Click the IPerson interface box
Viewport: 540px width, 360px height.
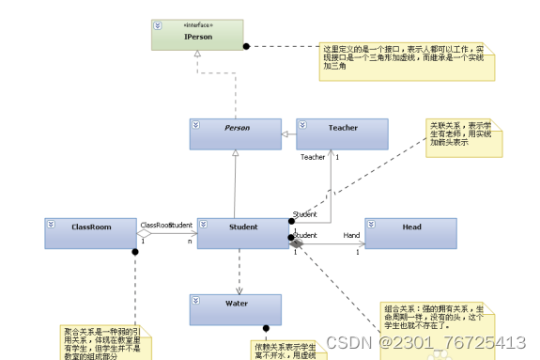pyautogui.click(x=197, y=35)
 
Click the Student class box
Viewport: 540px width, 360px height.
pyautogui.click(x=243, y=233)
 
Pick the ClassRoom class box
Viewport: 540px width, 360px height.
pyautogui.click(x=90, y=233)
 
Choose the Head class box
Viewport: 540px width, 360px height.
pyautogui.click(x=410, y=233)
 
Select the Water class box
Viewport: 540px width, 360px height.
pyautogui.click(x=235, y=309)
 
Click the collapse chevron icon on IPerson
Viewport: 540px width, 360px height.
pyautogui.click(x=158, y=26)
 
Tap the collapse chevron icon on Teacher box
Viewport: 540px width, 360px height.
pyautogui.click(x=303, y=124)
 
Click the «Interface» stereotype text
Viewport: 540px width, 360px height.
pyautogui.click(x=197, y=25)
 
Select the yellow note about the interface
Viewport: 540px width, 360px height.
pyautogui.click(x=407, y=60)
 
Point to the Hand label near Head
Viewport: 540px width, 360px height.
pyautogui.click(x=351, y=236)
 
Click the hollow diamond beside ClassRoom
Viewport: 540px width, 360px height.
pyautogui.click(x=144, y=234)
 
